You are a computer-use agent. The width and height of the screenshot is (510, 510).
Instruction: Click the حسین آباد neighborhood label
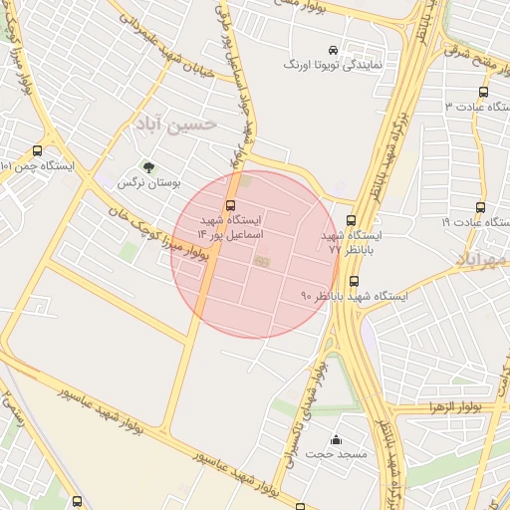[172, 125]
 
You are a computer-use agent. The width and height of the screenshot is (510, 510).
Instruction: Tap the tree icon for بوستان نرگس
[148, 168]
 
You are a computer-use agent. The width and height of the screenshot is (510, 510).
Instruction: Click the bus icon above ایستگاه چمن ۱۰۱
[38, 150]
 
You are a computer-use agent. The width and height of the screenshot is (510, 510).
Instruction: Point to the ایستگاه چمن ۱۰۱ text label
[38, 165]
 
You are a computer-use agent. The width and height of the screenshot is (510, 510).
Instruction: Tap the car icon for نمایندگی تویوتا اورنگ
[333, 50]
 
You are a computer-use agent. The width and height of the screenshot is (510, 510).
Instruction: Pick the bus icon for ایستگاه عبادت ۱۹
[481, 207]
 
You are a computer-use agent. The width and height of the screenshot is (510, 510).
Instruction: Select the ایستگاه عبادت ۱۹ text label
[474, 223]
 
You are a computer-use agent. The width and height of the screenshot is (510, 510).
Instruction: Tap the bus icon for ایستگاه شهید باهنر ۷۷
[350, 220]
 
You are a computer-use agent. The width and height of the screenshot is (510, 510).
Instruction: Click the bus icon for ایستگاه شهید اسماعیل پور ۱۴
[231, 204]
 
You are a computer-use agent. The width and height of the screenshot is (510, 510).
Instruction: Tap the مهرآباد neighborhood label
[483, 259]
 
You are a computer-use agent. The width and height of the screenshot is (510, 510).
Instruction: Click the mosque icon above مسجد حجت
[336, 438]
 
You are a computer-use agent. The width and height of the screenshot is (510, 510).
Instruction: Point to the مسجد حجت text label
[336, 453]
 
